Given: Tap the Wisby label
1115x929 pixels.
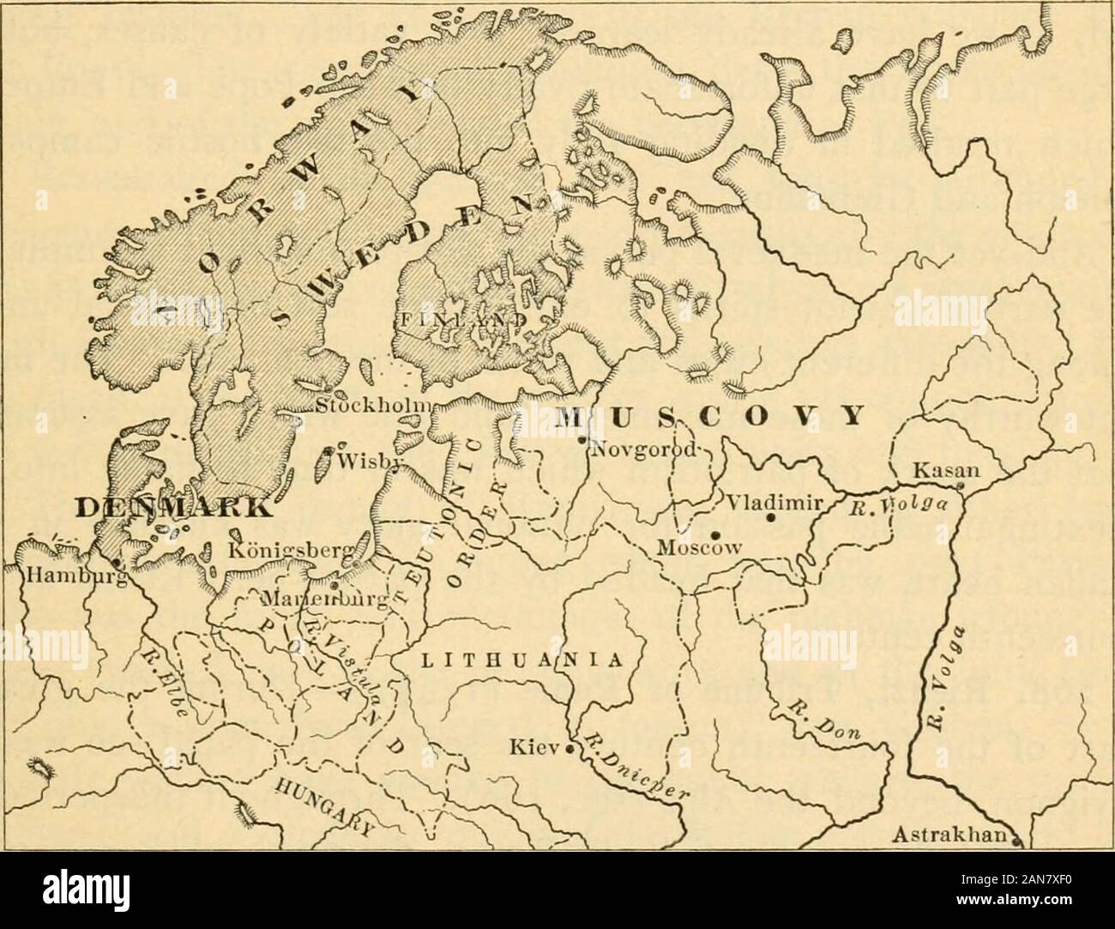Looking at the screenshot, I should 362,458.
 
